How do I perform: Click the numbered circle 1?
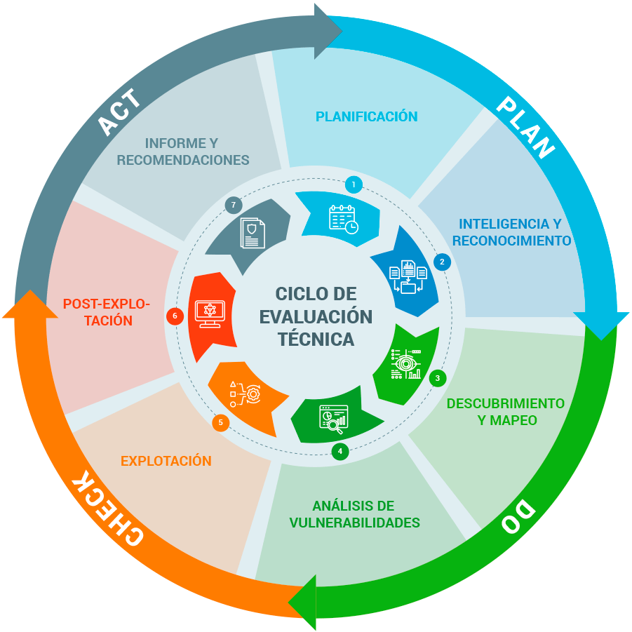tap(354, 185)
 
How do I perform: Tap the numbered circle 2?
tap(442, 262)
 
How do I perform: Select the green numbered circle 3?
tap(437, 378)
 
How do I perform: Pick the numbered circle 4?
tap(340, 451)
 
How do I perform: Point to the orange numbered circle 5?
tap(221, 422)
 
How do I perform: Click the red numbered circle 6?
tap(175, 316)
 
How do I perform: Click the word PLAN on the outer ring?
tap(525, 127)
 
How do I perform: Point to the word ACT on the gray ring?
tap(119, 112)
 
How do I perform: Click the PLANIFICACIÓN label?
tap(366, 116)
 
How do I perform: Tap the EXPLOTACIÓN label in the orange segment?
tap(166, 461)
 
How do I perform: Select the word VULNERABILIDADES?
tap(355, 523)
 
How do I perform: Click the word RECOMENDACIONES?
tap(183, 160)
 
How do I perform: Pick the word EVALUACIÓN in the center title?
tap(316, 316)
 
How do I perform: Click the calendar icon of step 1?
tap(344, 218)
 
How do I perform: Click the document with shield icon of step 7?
tap(253, 232)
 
